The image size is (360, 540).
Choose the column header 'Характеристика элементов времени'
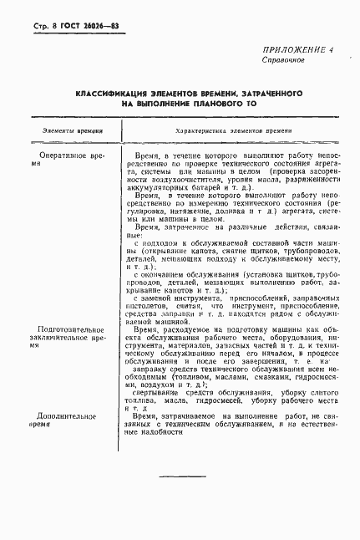coord(233,131)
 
